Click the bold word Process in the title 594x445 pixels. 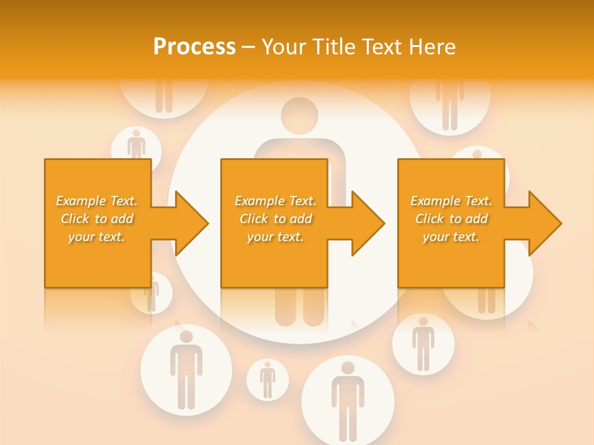(194, 47)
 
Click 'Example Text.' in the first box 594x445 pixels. (97, 201)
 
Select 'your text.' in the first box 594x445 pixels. (97, 237)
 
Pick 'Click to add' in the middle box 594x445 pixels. (275, 219)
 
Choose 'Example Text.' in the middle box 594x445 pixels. (275, 201)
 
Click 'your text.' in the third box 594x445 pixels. (451, 237)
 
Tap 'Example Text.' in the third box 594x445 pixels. (451, 201)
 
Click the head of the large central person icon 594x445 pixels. (299, 115)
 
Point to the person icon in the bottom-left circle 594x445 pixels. (186, 369)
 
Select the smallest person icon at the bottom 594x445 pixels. (267, 379)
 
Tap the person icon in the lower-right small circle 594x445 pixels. (423, 344)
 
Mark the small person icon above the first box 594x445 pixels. (136, 145)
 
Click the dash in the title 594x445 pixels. (248, 47)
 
